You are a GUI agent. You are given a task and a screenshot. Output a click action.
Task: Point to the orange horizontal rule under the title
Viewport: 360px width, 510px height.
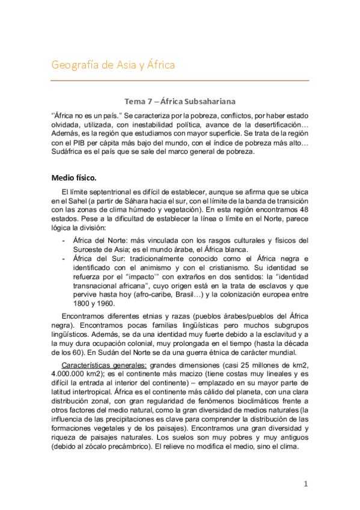click(x=180, y=81)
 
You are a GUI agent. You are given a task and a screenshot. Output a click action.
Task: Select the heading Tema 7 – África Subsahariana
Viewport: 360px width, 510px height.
click(x=180, y=101)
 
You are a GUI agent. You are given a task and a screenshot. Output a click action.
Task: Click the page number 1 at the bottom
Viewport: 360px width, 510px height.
click(x=305, y=484)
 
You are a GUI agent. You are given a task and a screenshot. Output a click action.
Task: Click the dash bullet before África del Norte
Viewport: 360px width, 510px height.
click(x=65, y=241)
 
